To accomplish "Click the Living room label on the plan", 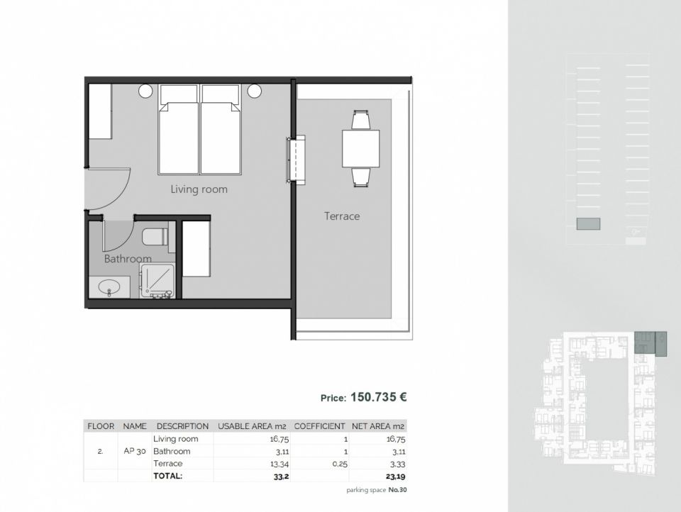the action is coord(199,189).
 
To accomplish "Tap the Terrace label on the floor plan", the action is coord(342,216).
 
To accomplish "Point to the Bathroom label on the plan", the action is coord(128,259).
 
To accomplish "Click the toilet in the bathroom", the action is coord(155,237).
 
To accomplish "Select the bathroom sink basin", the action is coord(109,287).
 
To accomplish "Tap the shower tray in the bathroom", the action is coord(157,281).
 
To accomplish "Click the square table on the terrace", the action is coord(360,148).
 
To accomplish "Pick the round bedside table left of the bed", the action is coord(145,91).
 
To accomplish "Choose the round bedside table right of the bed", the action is coord(255,91).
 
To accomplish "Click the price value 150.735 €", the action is coord(378,397).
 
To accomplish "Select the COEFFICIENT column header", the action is coord(320,426).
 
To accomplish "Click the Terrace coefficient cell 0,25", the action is coord(340,464).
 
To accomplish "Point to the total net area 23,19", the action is coord(396,477).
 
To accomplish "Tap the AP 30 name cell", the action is coord(135,451).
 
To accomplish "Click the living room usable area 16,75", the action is coord(279,439).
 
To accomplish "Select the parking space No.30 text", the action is coord(377,490).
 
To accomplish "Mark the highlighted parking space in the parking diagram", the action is coord(588,223).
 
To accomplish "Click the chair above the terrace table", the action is coord(360,121).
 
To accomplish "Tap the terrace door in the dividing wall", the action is coord(296,159).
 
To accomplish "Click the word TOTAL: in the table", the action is coord(167,476).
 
